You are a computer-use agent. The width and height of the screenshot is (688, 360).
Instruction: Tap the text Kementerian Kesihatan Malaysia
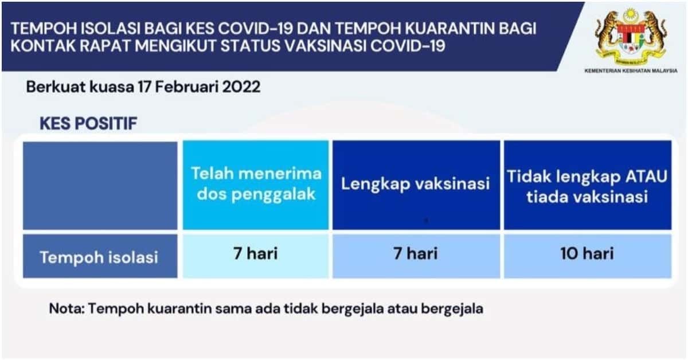pyautogui.click(x=631, y=71)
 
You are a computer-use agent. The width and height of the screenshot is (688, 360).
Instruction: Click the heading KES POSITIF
pyautogui.click(x=88, y=123)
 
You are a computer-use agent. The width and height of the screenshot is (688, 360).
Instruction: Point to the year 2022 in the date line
pyautogui.click(x=241, y=87)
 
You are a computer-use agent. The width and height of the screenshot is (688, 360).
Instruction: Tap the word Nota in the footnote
pyautogui.click(x=67, y=309)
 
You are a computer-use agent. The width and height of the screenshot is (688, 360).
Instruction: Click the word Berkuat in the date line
pyautogui.click(x=56, y=87)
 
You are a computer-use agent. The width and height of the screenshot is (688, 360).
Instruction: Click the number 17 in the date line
pyautogui.click(x=144, y=87)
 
